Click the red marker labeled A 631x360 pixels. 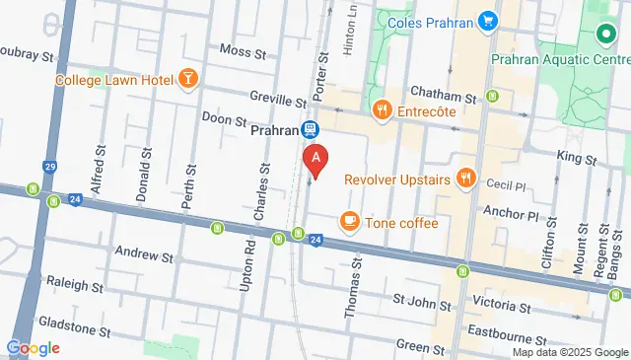(315, 157)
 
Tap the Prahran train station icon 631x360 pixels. (310, 129)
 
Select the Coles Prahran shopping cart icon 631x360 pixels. (487, 20)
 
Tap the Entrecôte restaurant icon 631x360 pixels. (381, 110)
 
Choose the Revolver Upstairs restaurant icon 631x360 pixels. (467, 180)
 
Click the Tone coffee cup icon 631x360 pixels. (349, 222)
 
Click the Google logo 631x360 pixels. (33, 347)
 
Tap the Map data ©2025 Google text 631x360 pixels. (570, 352)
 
